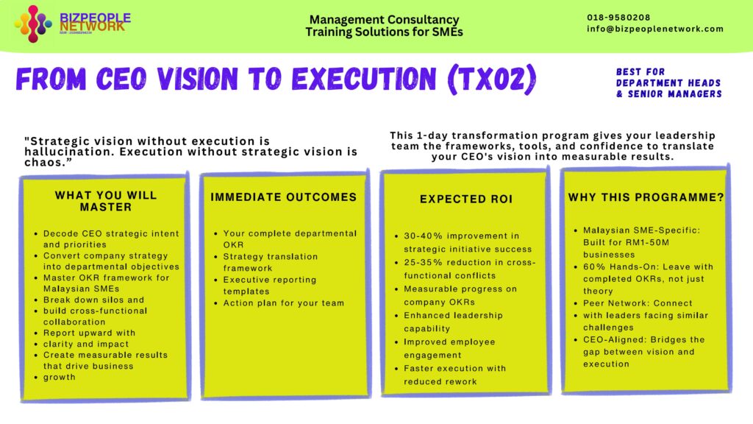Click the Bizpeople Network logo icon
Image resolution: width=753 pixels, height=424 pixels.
[34, 24]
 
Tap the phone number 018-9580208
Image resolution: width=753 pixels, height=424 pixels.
[618, 18]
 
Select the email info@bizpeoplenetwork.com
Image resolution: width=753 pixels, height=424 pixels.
[654, 29]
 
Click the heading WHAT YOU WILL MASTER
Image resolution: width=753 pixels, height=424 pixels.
[105, 201]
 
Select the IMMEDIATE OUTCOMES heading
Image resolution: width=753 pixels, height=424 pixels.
[283, 197]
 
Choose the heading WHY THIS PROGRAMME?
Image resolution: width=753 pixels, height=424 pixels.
[646, 198]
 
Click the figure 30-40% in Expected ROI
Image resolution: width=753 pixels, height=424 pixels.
[423, 236]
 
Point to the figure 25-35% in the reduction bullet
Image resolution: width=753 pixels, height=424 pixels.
[423, 263]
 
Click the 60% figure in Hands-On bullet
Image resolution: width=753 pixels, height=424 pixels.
[593, 266]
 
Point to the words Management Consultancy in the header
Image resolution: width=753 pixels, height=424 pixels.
[384, 20]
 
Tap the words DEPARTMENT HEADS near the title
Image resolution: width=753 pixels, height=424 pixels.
[669, 83]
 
